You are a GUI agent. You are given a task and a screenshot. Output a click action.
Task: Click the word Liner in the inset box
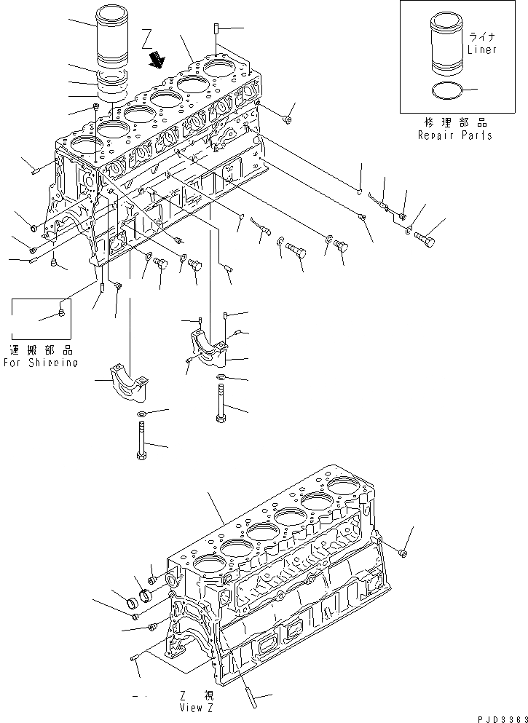(x=481, y=50)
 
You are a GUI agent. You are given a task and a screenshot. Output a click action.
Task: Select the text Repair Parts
(x=455, y=135)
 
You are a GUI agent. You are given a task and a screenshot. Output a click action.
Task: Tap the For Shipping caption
(x=40, y=362)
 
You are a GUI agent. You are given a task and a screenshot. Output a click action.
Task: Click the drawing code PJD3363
(x=502, y=718)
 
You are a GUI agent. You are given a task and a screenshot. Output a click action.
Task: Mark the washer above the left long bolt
(x=140, y=415)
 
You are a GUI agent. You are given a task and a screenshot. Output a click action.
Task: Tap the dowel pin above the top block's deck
(x=217, y=29)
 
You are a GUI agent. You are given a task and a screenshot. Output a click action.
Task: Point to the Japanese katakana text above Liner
(x=481, y=36)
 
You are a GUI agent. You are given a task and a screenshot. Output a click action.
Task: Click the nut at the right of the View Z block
(x=405, y=553)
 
